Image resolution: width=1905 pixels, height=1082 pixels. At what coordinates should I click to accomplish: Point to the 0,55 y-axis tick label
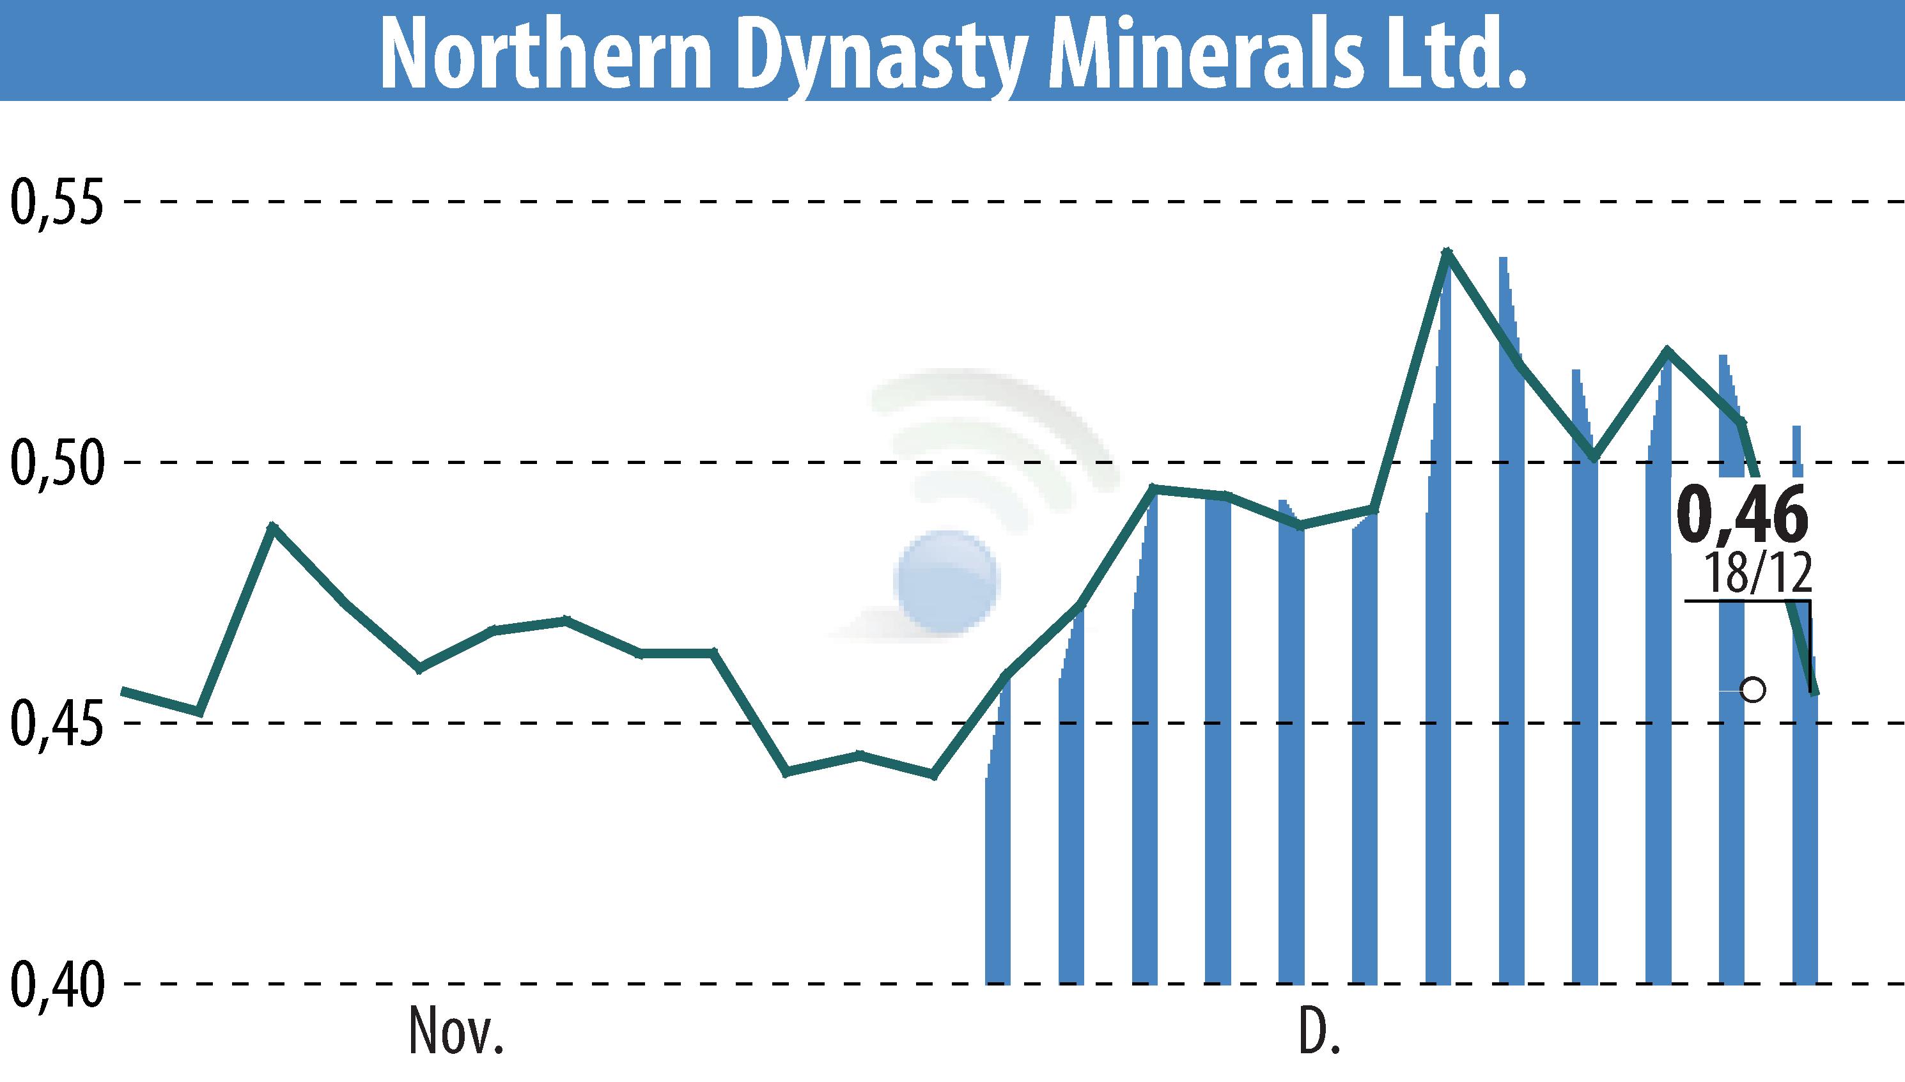coord(56,202)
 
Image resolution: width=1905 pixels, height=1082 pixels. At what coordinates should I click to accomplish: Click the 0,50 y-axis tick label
coord(56,462)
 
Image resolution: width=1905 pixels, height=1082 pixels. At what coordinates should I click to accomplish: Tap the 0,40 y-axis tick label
coord(56,984)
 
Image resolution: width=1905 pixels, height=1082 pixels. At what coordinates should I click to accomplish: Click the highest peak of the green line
coord(1445,252)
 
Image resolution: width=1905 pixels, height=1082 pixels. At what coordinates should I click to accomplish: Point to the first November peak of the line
coord(273,526)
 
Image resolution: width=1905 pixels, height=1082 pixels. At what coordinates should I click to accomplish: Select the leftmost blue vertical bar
coord(997,854)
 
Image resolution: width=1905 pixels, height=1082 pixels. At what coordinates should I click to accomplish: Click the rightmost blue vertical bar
coord(1805,854)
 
